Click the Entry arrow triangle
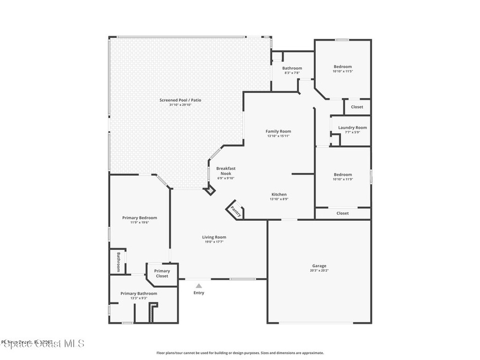(x=199, y=285)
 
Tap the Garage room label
(x=319, y=266)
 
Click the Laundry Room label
(x=352, y=127)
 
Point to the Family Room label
(x=278, y=131)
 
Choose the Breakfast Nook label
(x=225, y=171)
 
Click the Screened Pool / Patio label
(x=180, y=100)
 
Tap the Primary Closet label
(x=162, y=273)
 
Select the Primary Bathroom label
(x=139, y=293)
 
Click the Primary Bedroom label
(x=140, y=217)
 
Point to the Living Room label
(x=214, y=237)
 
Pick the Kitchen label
(x=279, y=194)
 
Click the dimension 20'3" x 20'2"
(x=319, y=270)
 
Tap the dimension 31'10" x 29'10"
(x=180, y=105)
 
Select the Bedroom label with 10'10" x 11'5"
(x=343, y=67)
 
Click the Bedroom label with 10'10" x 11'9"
(x=343, y=174)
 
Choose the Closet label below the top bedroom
(x=357, y=107)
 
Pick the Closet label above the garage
(x=343, y=213)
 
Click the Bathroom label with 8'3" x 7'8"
(x=292, y=68)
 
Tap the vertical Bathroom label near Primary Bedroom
(x=119, y=262)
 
